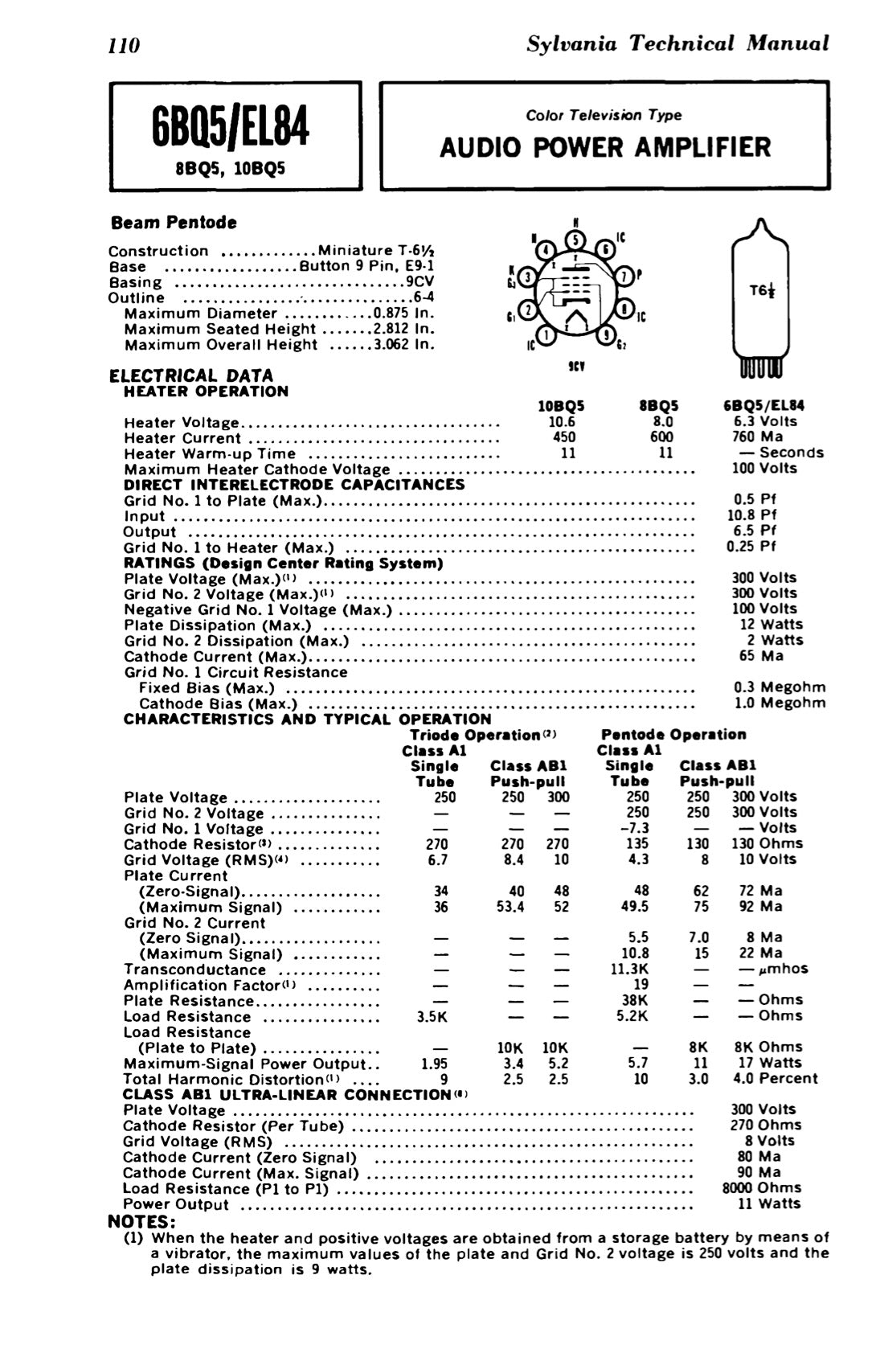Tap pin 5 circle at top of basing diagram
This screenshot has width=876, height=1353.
click(x=575, y=240)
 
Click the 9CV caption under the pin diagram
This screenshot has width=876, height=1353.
click(x=575, y=366)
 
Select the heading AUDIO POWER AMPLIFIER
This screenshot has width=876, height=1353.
click(x=605, y=148)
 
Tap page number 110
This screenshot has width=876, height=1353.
click(x=125, y=44)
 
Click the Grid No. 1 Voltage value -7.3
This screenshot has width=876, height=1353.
click(x=634, y=828)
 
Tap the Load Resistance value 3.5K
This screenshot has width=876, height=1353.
click(x=432, y=1016)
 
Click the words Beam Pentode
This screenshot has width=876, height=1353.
click(x=174, y=222)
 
